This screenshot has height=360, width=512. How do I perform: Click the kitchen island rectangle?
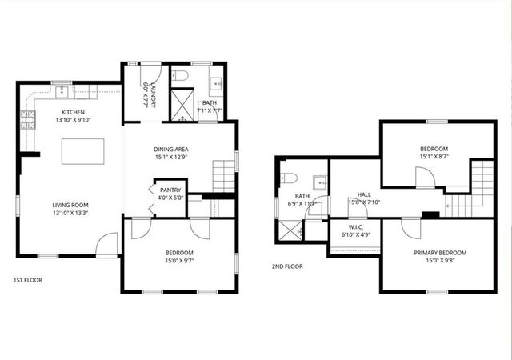[x=83, y=150]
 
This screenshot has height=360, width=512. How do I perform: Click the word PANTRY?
[x=170, y=190]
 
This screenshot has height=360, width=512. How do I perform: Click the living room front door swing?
[x=108, y=243]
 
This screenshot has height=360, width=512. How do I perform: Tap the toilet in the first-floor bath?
[x=180, y=77]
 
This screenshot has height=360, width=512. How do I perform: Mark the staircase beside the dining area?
[x=224, y=174]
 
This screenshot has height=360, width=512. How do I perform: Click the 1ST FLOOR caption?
[x=28, y=280]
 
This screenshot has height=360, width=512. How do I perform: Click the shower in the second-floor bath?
[x=290, y=228]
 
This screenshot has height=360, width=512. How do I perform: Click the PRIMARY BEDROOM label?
[x=440, y=253]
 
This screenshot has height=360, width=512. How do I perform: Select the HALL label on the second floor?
[x=364, y=194]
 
